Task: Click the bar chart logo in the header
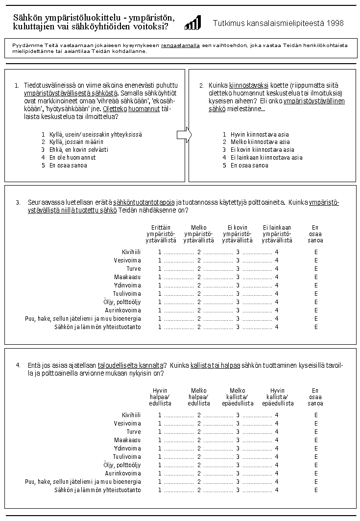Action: (x=192, y=23)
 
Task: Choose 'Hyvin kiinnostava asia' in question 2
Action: (x=259, y=134)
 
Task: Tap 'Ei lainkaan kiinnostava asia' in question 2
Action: (x=266, y=158)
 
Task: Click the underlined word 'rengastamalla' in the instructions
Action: (x=180, y=45)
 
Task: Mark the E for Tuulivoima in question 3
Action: (x=316, y=294)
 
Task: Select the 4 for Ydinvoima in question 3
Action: (x=277, y=285)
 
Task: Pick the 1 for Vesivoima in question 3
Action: (x=160, y=260)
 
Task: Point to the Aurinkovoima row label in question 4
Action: (x=123, y=474)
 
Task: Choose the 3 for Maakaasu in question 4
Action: (x=238, y=440)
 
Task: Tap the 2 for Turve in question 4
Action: (x=199, y=432)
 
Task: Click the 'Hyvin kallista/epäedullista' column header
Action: (x=278, y=397)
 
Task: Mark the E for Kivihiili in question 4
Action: (x=316, y=415)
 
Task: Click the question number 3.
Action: (x=18, y=202)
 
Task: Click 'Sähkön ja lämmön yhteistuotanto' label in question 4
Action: (x=97, y=490)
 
